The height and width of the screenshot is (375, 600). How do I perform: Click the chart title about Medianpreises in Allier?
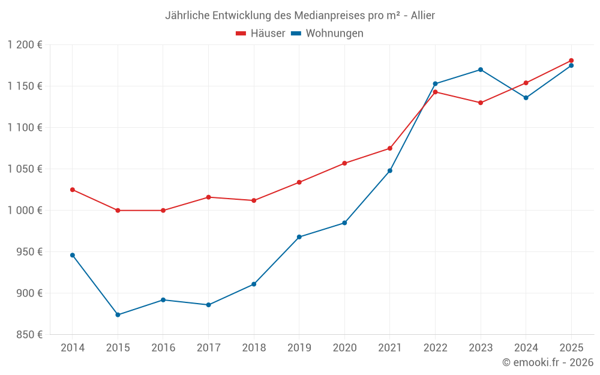click(x=299, y=16)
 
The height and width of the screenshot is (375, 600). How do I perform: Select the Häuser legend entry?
click(x=260, y=34)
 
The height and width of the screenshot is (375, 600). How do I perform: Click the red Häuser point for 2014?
click(x=73, y=190)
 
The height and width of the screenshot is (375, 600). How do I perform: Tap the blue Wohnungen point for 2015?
click(x=118, y=315)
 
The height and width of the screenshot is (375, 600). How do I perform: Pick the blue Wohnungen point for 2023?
click(x=481, y=70)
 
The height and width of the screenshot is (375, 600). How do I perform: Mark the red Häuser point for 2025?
click(x=571, y=61)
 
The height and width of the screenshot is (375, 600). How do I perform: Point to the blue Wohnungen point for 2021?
click(x=390, y=171)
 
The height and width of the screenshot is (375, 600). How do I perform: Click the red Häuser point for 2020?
click(x=344, y=163)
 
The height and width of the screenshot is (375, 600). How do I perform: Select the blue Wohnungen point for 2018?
click(x=254, y=284)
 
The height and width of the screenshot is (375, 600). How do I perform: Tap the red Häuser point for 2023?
click(x=481, y=103)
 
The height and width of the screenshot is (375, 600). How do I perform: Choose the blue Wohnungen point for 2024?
click(x=526, y=98)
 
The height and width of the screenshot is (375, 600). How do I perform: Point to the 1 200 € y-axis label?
click(x=25, y=45)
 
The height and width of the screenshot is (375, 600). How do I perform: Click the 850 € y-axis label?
click(x=30, y=335)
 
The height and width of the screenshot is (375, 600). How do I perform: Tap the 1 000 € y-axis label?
click(x=25, y=211)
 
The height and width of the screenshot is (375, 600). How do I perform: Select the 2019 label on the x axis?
click(x=299, y=348)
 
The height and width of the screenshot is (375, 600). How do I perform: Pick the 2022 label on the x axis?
click(x=435, y=348)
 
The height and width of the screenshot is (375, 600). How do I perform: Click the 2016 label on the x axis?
click(x=163, y=348)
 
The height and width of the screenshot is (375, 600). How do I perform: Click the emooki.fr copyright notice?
click(x=547, y=362)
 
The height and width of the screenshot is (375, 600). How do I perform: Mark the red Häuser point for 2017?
click(x=208, y=197)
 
